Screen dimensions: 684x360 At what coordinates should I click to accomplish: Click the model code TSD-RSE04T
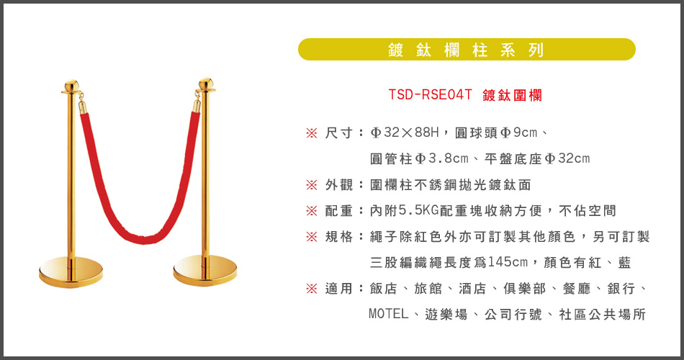click(430, 95)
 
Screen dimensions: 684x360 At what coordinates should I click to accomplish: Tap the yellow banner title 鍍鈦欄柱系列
click(467, 50)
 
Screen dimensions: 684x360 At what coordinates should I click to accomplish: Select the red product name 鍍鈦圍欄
click(512, 95)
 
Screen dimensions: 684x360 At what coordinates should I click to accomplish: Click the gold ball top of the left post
click(71, 86)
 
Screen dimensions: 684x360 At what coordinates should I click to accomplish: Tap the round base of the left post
click(71, 272)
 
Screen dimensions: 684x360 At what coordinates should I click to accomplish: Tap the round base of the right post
click(205, 271)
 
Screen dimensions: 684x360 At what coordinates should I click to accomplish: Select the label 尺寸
click(338, 132)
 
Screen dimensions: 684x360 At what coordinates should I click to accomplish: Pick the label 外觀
click(338, 185)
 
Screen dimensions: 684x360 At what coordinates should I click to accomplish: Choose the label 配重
click(338, 211)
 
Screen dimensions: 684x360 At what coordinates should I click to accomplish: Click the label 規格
click(338, 236)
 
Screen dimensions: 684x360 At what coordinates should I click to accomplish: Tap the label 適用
click(338, 289)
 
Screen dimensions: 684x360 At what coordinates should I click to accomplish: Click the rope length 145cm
click(508, 262)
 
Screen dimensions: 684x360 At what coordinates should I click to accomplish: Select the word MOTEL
click(388, 314)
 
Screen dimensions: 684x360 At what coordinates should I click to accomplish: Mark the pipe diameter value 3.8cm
click(449, 158)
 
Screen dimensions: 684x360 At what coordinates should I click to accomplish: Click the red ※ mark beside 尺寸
click(312, 133)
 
